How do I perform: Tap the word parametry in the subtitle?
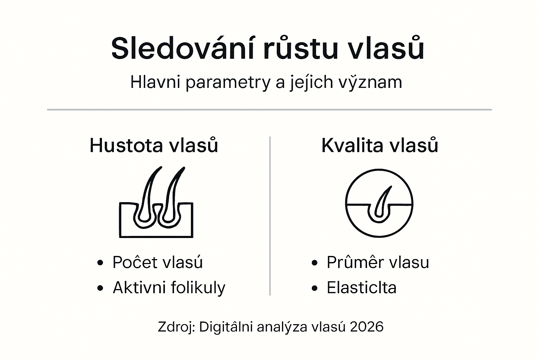click(x=228, y=83)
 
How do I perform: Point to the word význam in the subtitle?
click(x=370, y=82)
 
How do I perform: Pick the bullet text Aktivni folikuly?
click(x=169, y=288)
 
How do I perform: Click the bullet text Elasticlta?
click(x=362, y=288)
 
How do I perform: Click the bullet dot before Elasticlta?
click(x=314, y=288)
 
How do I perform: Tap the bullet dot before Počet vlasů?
click(x=100, y=263)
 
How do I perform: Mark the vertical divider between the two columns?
click(x=270, y=216)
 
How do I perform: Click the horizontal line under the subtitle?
click(x=270, y=110)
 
